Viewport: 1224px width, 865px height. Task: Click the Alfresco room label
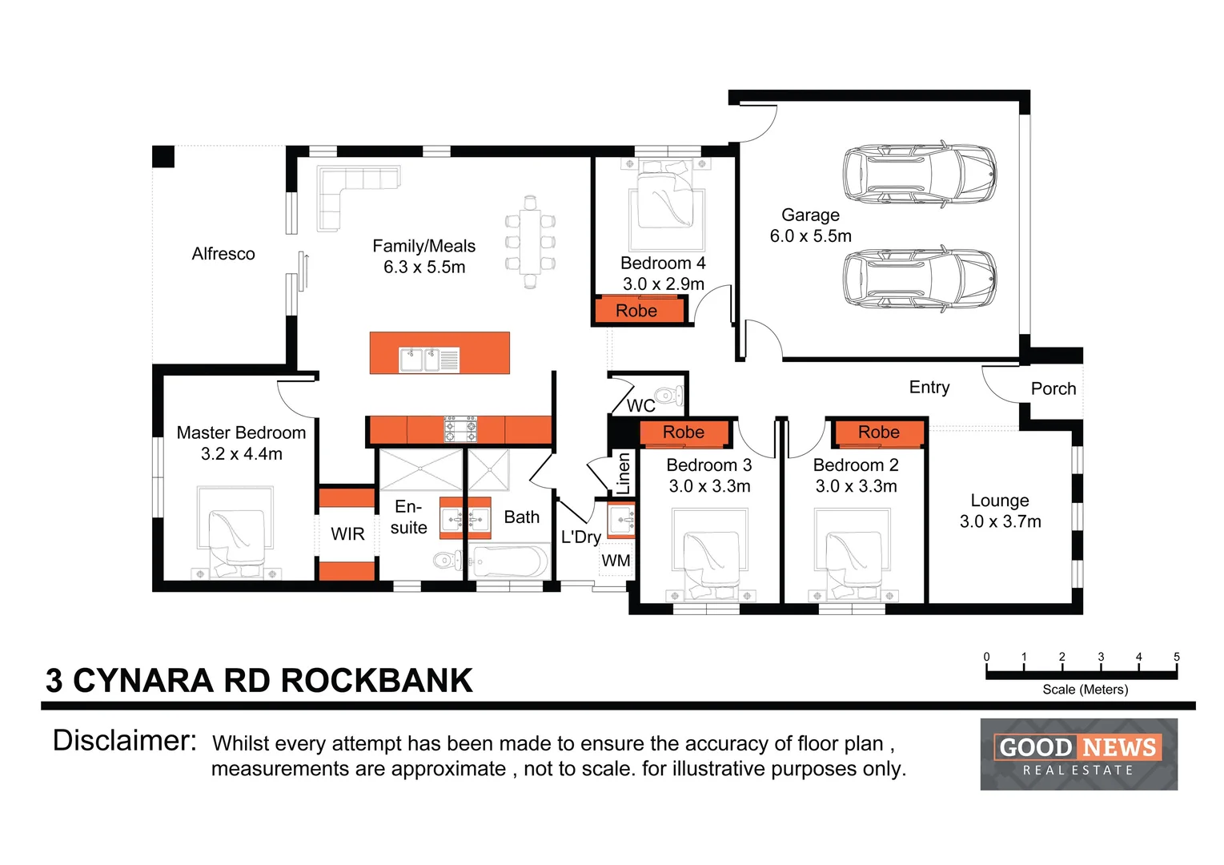[223, 254]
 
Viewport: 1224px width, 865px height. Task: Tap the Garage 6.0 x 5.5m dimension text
[810, 236]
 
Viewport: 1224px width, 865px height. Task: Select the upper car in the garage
[919, 175]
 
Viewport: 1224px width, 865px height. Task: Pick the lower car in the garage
[919, 279]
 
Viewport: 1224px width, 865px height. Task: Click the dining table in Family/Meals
[530, 242]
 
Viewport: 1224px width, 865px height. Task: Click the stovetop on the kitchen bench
[460, 429]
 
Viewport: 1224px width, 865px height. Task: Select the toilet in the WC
[668, 396]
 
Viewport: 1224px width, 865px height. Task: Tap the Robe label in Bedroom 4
[636, 311]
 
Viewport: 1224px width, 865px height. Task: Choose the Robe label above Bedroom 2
[878, 432]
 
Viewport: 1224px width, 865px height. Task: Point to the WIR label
[347, 534]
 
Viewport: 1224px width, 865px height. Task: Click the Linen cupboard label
[624, 473]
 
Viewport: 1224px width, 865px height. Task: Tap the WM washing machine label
[616, 561]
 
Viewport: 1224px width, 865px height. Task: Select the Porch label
[1053, 388]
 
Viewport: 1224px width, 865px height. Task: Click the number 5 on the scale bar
[1176, 657]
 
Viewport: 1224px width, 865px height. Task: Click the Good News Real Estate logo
[1078, 754]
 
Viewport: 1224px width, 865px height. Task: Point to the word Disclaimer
[124, 741]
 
